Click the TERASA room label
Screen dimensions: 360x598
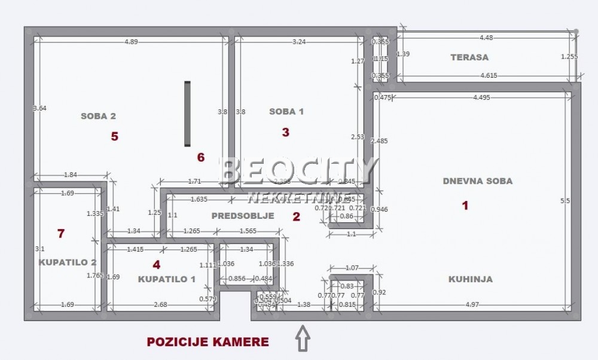tap(469, 57)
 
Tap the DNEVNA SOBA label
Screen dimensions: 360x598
tap(477, 181)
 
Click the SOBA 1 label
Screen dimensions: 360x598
tap(286, 111)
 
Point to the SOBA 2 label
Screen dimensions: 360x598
tap(98, 116)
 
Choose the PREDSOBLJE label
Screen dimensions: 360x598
tap(243, 216)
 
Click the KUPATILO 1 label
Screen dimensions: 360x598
tap(166, 279)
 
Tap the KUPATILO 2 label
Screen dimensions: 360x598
tap(68, 262)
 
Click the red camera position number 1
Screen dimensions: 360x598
tap(465, 206)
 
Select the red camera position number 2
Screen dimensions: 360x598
tap(296, 217)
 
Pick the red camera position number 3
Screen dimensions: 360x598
tap(285, 133)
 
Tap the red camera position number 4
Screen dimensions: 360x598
tap(156, 264)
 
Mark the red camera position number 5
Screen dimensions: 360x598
tap(114, 136)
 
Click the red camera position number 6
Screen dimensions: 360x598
tap(201, 157)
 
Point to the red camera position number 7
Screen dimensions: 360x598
tap(60, 233)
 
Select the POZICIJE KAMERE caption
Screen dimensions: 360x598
tap(208, 342)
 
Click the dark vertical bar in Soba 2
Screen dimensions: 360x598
tap(187, 114)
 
